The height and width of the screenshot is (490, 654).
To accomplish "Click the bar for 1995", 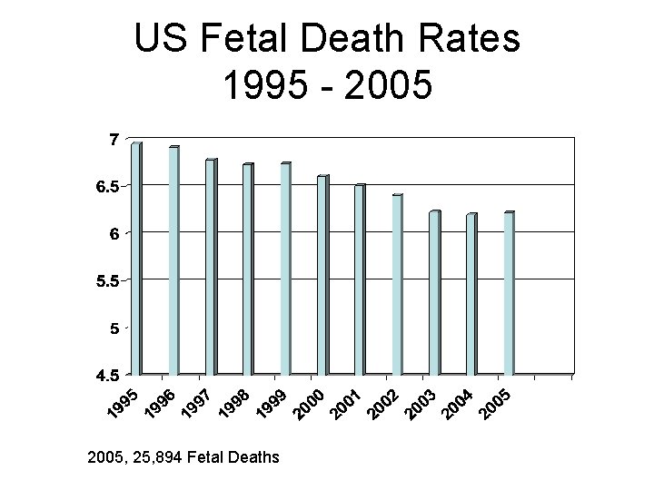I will tap(136, 259).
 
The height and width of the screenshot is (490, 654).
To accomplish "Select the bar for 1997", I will tap(211, 267).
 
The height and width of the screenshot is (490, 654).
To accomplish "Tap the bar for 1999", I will tap(285, 269).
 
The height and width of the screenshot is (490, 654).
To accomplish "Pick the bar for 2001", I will tap(360, 279).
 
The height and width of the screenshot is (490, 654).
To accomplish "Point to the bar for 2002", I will tap(397, 284).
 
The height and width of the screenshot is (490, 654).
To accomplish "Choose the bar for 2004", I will tap(471, 294).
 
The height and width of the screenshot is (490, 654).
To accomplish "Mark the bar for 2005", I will tap(509, 293).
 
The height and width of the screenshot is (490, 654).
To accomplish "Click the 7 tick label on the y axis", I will tap(113, 139).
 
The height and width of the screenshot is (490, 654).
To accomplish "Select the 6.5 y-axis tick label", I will tap(107, 186).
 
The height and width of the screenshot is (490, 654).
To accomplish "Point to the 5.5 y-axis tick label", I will tap(107, 280).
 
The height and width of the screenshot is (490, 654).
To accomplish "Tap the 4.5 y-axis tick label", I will tap(107, 374).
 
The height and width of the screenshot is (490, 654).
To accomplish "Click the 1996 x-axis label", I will tap(161, 406).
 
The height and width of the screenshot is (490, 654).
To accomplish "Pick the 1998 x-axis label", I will tap(235, 406).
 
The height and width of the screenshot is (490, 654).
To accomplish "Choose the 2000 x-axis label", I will tap(310, 406).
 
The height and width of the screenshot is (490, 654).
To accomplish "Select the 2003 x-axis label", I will tap(421, 406).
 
